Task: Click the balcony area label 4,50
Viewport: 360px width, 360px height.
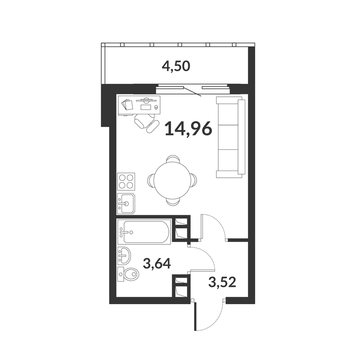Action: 176,67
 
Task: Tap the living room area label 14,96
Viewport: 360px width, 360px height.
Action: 188,129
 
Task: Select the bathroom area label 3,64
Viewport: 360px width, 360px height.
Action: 157,263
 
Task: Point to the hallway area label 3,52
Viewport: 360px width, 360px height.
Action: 222,282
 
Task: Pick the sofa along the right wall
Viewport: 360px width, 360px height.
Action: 230,137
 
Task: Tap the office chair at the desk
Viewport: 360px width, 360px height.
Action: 146,122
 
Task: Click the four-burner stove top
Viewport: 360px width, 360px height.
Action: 126,182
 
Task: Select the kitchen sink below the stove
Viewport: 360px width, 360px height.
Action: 126,204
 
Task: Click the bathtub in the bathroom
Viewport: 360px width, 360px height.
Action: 144,232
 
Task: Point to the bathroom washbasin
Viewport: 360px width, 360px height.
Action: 124,255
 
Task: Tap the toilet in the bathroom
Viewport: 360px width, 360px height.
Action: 128,274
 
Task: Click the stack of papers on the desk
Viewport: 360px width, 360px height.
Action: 127,104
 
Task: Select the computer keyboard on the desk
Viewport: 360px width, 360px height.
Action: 146,107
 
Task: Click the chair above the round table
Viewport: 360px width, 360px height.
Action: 173,159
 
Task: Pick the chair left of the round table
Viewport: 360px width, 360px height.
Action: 151,180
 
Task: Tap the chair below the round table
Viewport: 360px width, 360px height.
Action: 173,202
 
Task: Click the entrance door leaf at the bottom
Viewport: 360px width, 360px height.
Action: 195,316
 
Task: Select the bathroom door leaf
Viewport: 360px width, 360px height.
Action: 201,271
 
